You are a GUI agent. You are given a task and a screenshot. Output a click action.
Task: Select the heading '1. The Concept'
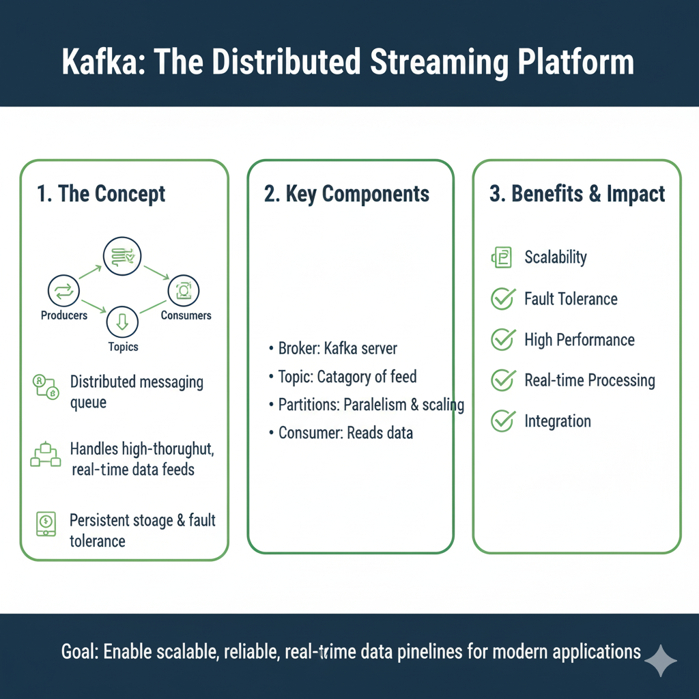point(101,194)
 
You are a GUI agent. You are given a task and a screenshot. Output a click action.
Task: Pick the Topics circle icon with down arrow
point(123,322)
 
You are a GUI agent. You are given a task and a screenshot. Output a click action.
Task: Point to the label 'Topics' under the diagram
point(123,347)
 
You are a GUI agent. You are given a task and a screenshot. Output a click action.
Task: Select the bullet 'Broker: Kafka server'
point(337,349)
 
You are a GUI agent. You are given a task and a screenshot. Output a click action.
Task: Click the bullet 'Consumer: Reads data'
point(345,433)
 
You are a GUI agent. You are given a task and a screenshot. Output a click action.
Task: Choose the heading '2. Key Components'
point(347,194)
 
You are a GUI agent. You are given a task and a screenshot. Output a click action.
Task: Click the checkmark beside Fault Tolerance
point(503,298)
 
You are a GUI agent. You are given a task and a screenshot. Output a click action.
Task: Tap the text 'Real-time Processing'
point(589,380)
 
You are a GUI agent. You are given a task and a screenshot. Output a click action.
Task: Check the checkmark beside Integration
point(503,421)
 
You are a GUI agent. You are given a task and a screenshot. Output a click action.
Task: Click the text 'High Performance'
point(579,339)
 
